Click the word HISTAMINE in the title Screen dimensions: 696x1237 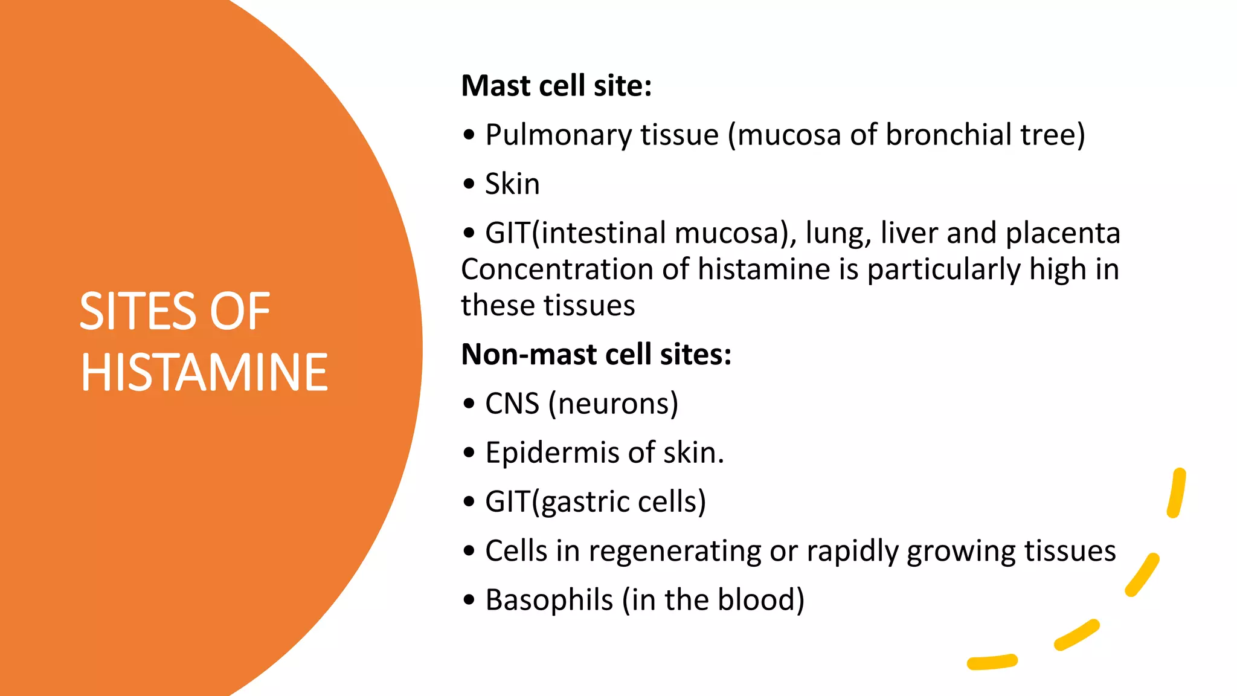point(204,372)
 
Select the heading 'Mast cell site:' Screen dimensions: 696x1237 point(556,85)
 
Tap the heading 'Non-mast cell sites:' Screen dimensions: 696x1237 point(596,354)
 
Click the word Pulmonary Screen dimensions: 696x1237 point(558,135)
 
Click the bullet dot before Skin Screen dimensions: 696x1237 point(469,184)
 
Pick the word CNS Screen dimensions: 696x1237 point(512,404)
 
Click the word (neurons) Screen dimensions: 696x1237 point(613,404)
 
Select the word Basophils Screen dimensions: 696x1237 point(549,600)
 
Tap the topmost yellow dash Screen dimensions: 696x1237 point(1177,492)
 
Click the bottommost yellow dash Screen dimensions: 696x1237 point(992,662)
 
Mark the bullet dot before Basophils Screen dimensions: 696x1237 point(469,600)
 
